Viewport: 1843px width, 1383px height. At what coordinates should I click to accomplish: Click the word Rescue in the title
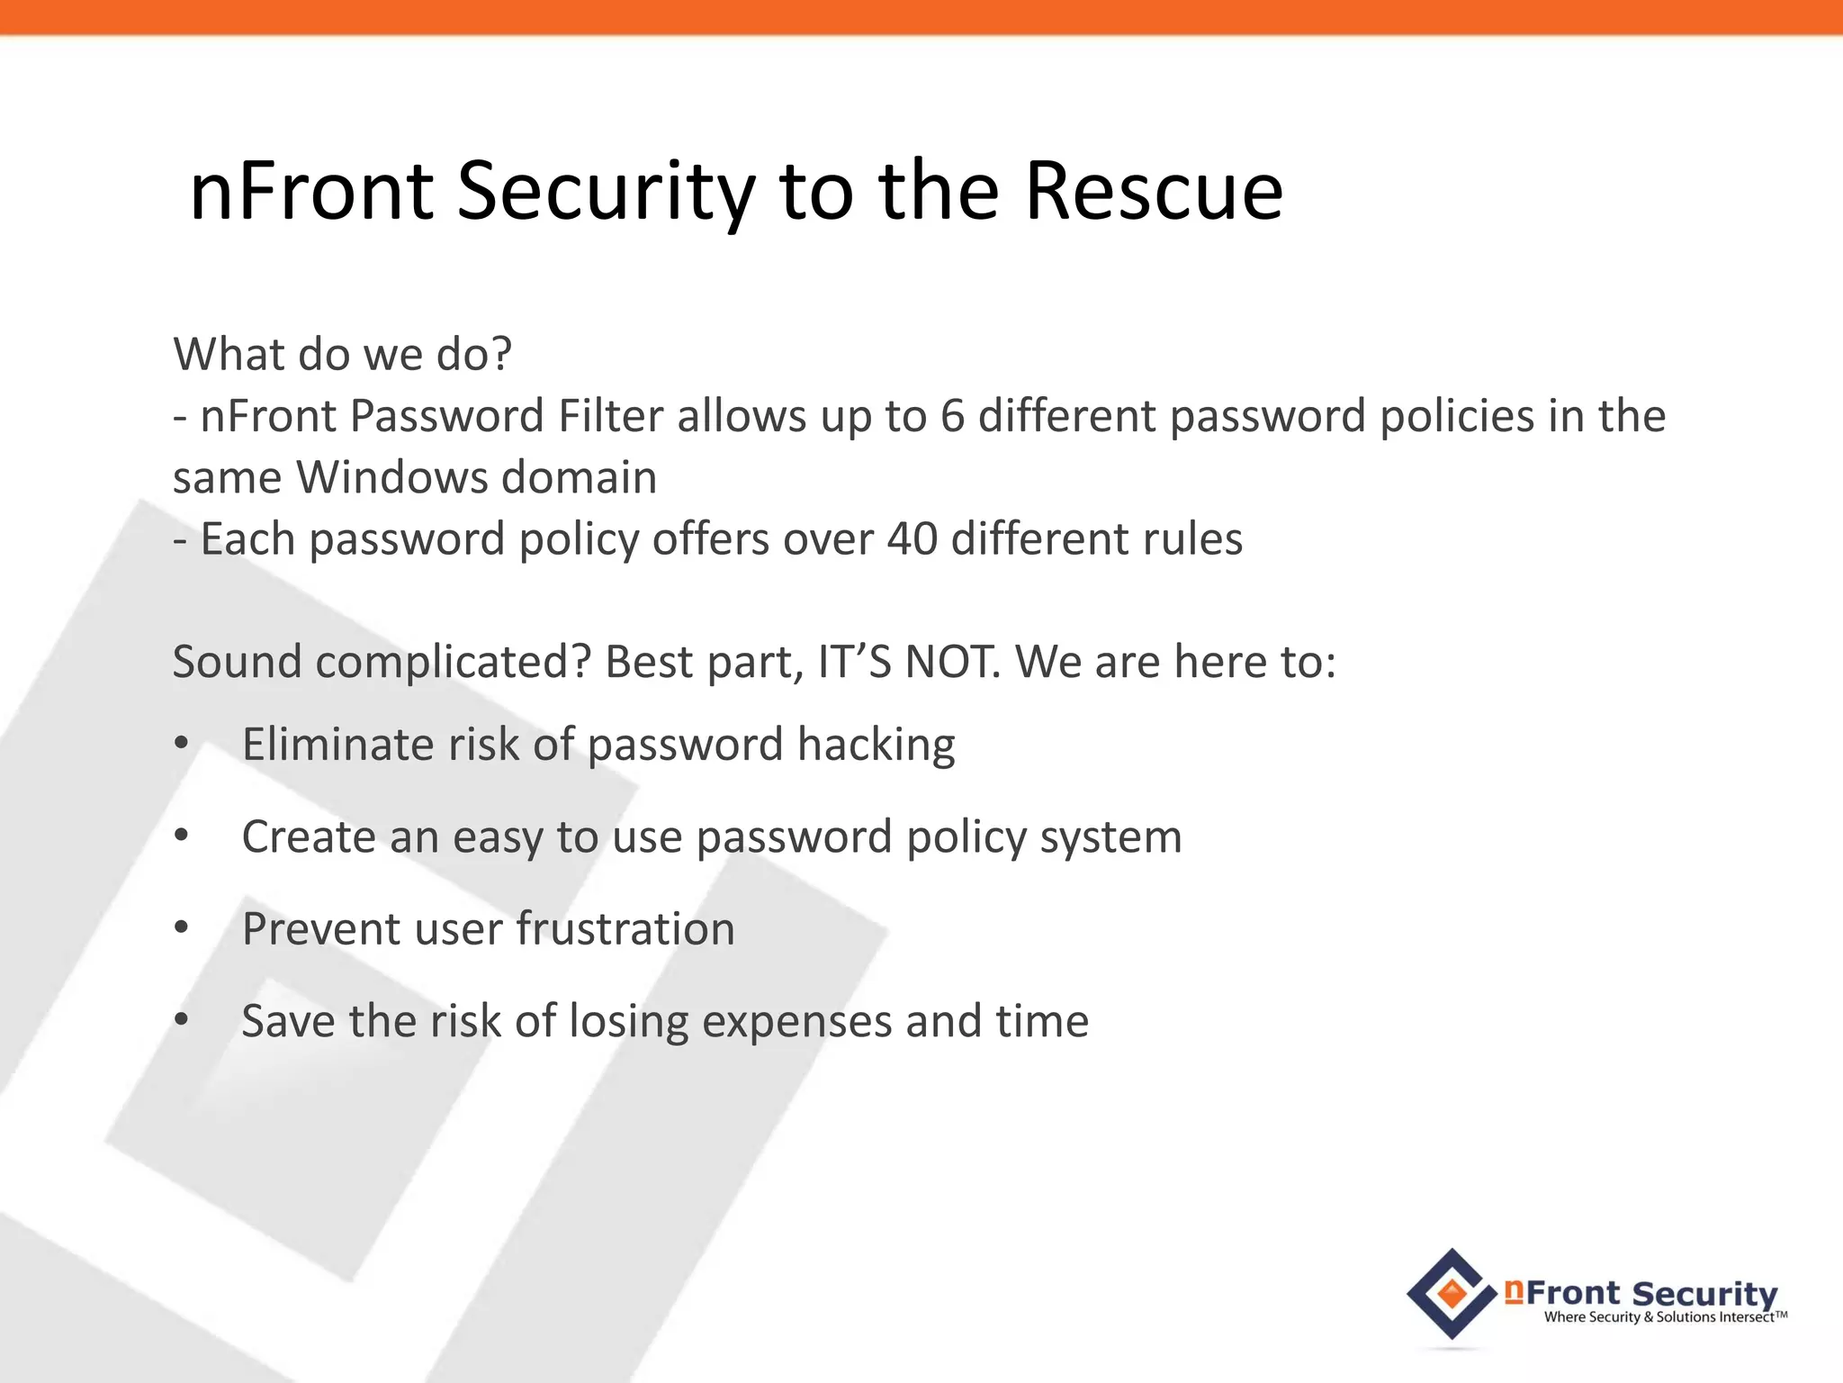(1154, 192)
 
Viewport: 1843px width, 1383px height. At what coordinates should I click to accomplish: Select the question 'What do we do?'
(342, 354)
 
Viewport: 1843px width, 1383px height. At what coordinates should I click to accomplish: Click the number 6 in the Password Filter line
(952, 416)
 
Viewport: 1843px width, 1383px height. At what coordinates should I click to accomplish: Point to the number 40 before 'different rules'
(912, 539)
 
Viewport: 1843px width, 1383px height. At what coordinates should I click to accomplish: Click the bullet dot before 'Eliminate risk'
(182, 744)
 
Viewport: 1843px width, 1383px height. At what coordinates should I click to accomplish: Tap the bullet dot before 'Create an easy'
(182, 836)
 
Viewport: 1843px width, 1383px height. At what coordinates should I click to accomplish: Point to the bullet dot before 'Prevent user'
(182, 928)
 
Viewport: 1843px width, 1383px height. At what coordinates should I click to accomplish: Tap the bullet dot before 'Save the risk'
(182, 1020)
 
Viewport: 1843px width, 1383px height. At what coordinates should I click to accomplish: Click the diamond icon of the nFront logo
(1452, 1294)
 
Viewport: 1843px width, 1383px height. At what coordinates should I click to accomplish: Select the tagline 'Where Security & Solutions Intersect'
(1664, 1317)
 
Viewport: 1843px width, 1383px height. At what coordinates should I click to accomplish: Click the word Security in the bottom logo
(1704, 1293)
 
